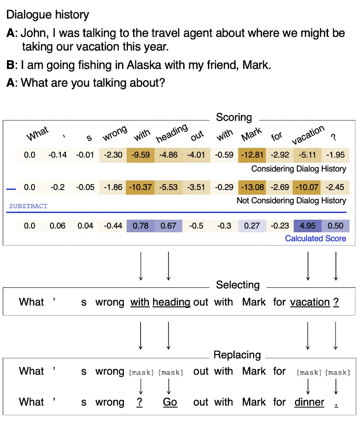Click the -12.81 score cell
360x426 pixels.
click(x=252, y=155)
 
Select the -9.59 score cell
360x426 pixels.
click(x=141, y=155)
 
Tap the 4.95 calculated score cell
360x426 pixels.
click(x=308, y=226)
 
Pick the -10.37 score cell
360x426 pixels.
click(x=141, y=187)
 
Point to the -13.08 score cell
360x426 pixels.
click(x=252, y=187)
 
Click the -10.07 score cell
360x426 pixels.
click(x=308, y=187)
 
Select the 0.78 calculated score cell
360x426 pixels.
click(x=141, y=226)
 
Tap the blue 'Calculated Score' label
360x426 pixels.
click(x=315, y=238)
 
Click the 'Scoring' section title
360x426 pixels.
click(x=234, y=117)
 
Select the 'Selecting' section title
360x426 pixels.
click(x=238, y=285)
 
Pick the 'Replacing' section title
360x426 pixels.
click(x=237, y=355)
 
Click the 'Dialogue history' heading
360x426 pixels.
click(x=47, y=15)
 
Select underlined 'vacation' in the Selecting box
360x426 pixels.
click(x=310, y=302)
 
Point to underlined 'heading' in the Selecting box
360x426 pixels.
click(x=171, y=302)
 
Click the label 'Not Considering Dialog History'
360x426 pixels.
click(x=291, y=201)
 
